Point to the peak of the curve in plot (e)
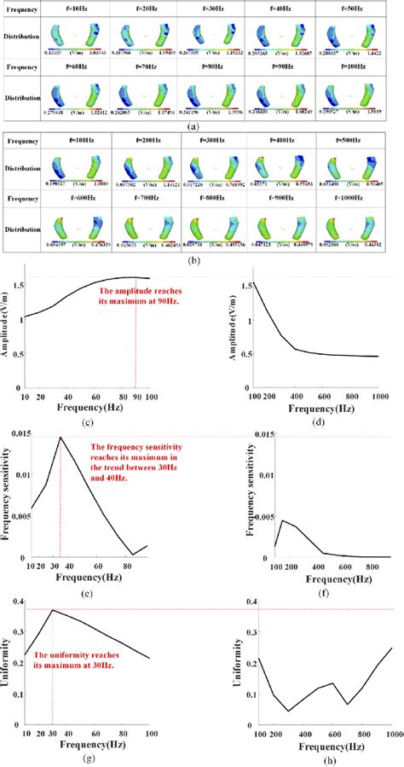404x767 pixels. pyautogui.click(x=60, y=438)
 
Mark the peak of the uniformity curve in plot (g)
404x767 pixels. pyautogui.click(x=52, y=610)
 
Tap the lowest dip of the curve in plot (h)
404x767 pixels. pyautogui.click(x=289, y=711)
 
